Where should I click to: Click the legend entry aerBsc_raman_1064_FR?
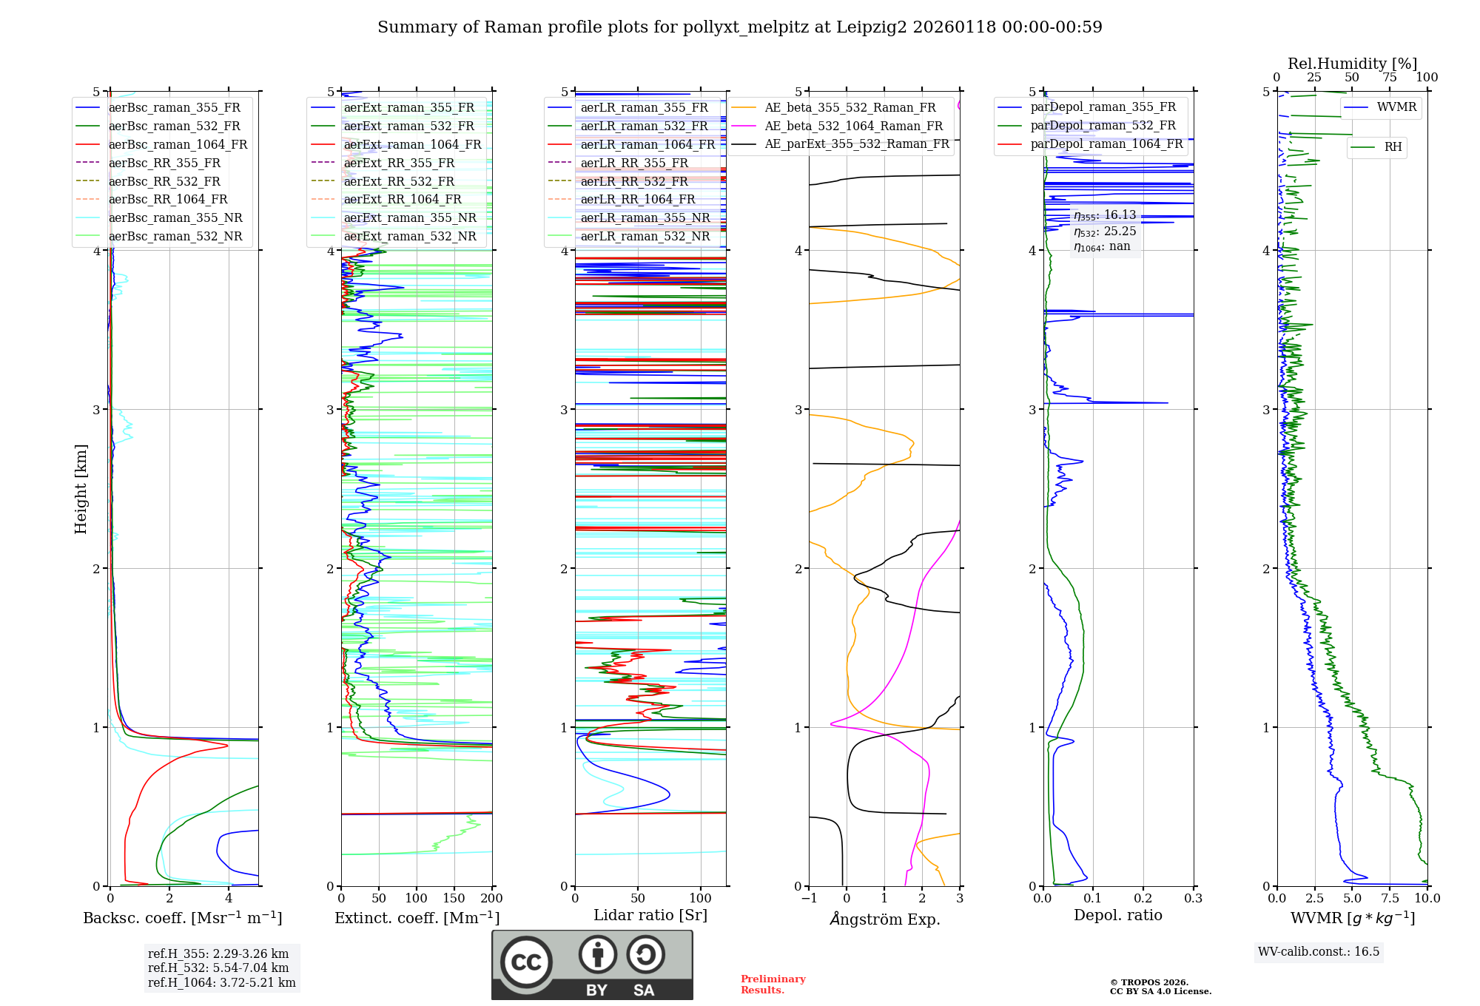coord(178,144)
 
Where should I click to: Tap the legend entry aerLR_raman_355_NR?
coord(645,217)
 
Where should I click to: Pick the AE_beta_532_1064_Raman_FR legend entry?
coord(853,126)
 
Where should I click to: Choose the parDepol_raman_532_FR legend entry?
coord(1103,126)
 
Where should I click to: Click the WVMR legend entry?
coord(1396,107)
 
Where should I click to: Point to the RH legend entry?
coord(1393,147)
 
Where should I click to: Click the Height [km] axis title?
coord(81,489)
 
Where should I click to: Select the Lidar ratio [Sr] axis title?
coord(650,915)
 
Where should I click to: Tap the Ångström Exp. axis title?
coord(885,919)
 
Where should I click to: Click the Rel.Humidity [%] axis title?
coord(1352,64)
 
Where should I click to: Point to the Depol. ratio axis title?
coord(1117,915)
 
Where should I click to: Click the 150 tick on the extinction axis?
coord(454,898)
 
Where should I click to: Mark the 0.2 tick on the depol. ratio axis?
coord(1143,898)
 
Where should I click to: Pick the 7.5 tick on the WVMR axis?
coord(1390,898)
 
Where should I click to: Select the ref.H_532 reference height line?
coord(218,968)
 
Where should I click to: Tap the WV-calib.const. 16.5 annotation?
coord(1319,951)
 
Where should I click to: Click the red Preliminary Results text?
coord(773,984)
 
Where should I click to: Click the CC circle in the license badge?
coord(526,962)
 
